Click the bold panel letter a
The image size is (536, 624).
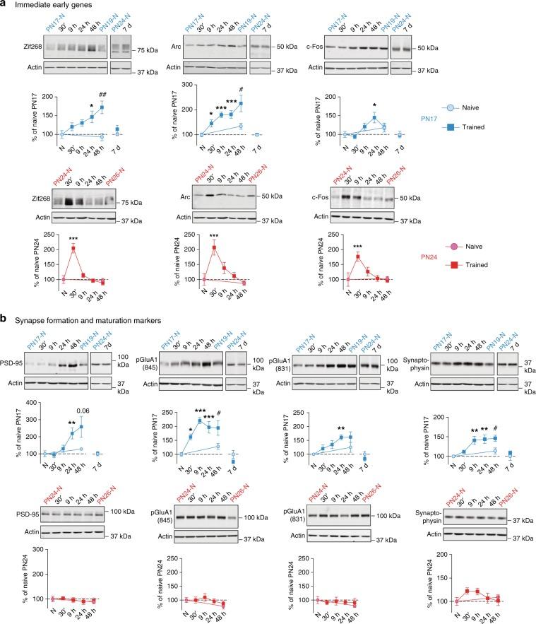point(5,6)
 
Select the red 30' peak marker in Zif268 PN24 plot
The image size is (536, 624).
point(73,248)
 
